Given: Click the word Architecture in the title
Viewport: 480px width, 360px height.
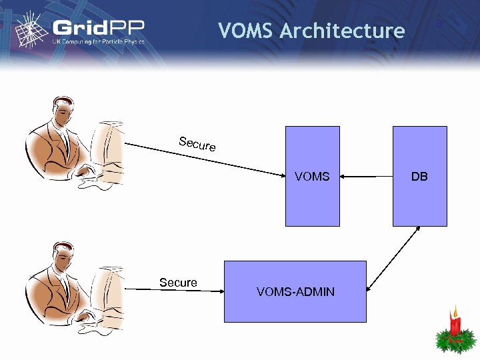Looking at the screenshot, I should click(x=343, y=31).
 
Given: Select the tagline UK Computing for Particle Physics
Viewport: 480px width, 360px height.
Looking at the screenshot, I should click(x=98, y=42).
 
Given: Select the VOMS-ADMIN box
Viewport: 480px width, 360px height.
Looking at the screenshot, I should click(x=295, y=291).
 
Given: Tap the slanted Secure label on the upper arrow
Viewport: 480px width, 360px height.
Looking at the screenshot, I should click(x=197, y=143).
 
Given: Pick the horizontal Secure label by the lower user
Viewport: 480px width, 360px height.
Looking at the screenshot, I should click(x=178, y=283).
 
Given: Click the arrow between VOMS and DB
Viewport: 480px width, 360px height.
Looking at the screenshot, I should click(x=366, y=177).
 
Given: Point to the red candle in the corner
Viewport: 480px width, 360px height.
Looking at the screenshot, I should click(x=455, y=325).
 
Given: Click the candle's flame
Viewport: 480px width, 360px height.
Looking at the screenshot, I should click(x=455, y=311).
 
